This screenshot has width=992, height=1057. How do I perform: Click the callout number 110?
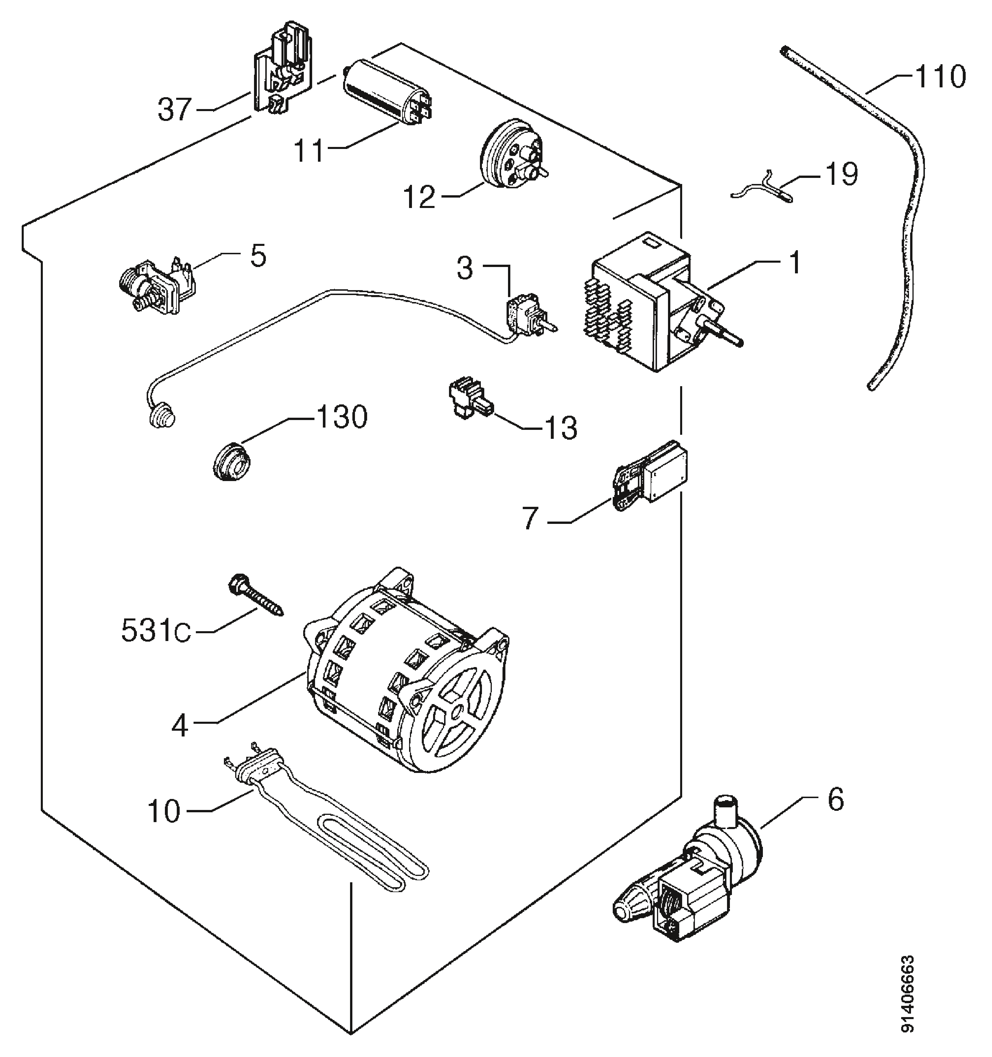click(939, 78)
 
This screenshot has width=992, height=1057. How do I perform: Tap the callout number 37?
click(174, 110)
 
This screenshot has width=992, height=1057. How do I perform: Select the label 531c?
click(156, 631)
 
